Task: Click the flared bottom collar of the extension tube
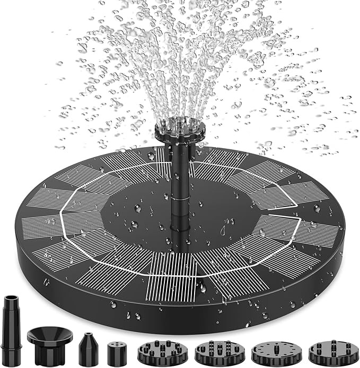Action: point(12,354)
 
